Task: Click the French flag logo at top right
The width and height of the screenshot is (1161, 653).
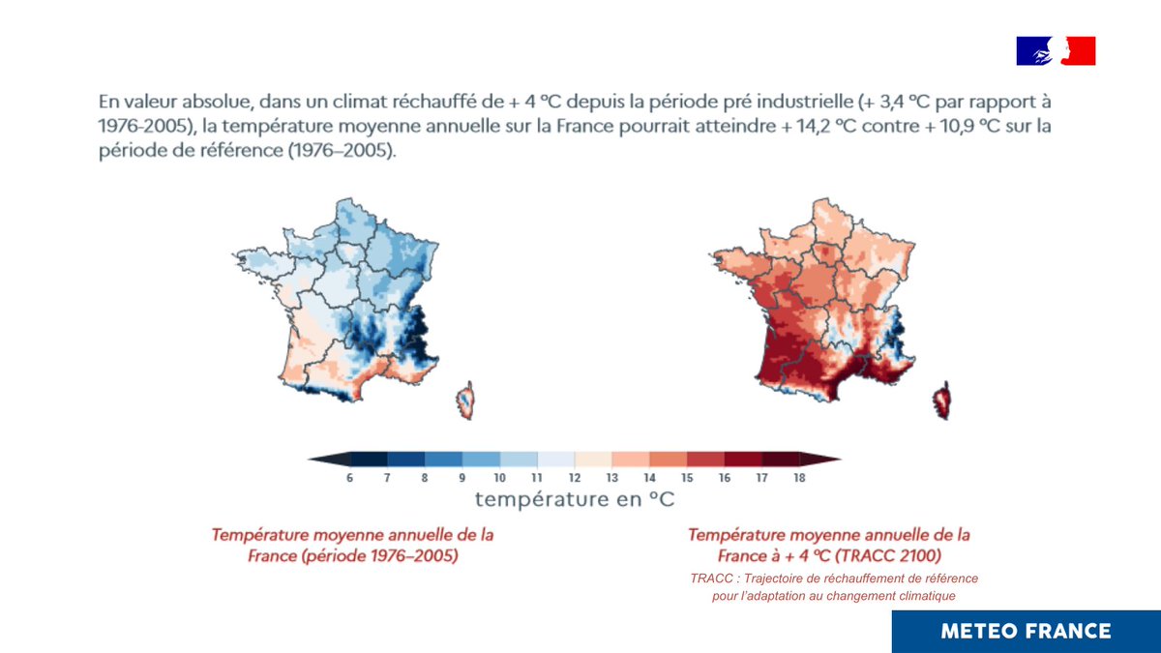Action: (1056, 50)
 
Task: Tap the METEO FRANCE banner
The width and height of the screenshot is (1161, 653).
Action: (1026, 631)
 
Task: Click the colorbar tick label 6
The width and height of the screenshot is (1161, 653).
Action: (349, 478)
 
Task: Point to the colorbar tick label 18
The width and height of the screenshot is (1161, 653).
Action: (799, 478)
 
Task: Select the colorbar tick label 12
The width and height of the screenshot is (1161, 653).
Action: (575, 478)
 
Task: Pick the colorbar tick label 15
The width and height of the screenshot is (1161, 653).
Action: (687, 478)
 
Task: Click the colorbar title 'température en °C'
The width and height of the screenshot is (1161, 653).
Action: (575, 500)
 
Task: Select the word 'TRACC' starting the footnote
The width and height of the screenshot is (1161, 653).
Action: (710, 579)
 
